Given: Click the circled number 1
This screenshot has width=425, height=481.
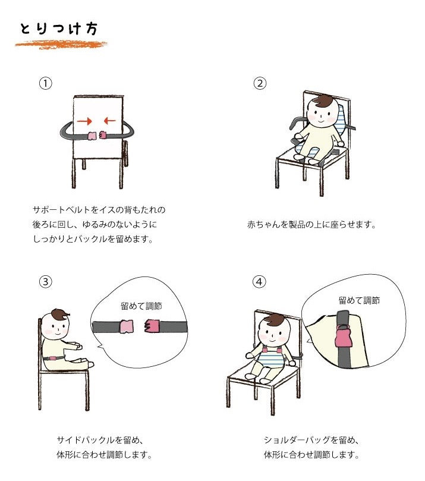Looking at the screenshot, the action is point(46,83).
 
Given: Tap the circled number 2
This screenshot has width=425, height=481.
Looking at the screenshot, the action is point(260,83).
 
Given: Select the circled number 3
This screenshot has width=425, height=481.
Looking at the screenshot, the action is point(46,281).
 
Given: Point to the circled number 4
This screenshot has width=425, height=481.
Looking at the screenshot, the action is point(259,281).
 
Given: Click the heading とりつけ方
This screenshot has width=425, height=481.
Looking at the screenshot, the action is point(59,29).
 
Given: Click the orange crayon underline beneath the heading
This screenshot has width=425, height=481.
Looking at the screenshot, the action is point(61,45).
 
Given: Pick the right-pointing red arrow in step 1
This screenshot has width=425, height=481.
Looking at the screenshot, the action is point(84,121).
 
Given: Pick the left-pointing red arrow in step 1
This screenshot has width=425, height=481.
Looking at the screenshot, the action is point(109,121).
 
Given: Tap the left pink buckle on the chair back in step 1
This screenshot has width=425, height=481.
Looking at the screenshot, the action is point(92,136).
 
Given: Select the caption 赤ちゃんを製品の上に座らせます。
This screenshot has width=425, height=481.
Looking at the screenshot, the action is point(311,225).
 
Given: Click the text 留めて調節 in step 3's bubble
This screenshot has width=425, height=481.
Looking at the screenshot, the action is point(141,306).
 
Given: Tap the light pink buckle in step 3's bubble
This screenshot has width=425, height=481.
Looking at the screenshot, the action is point(126,326).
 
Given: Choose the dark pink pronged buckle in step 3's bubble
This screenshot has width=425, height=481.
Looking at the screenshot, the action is point(152,326).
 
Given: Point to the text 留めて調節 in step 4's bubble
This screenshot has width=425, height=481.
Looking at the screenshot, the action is point(359,300).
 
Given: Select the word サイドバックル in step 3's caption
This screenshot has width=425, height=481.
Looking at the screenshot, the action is point(81,440).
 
